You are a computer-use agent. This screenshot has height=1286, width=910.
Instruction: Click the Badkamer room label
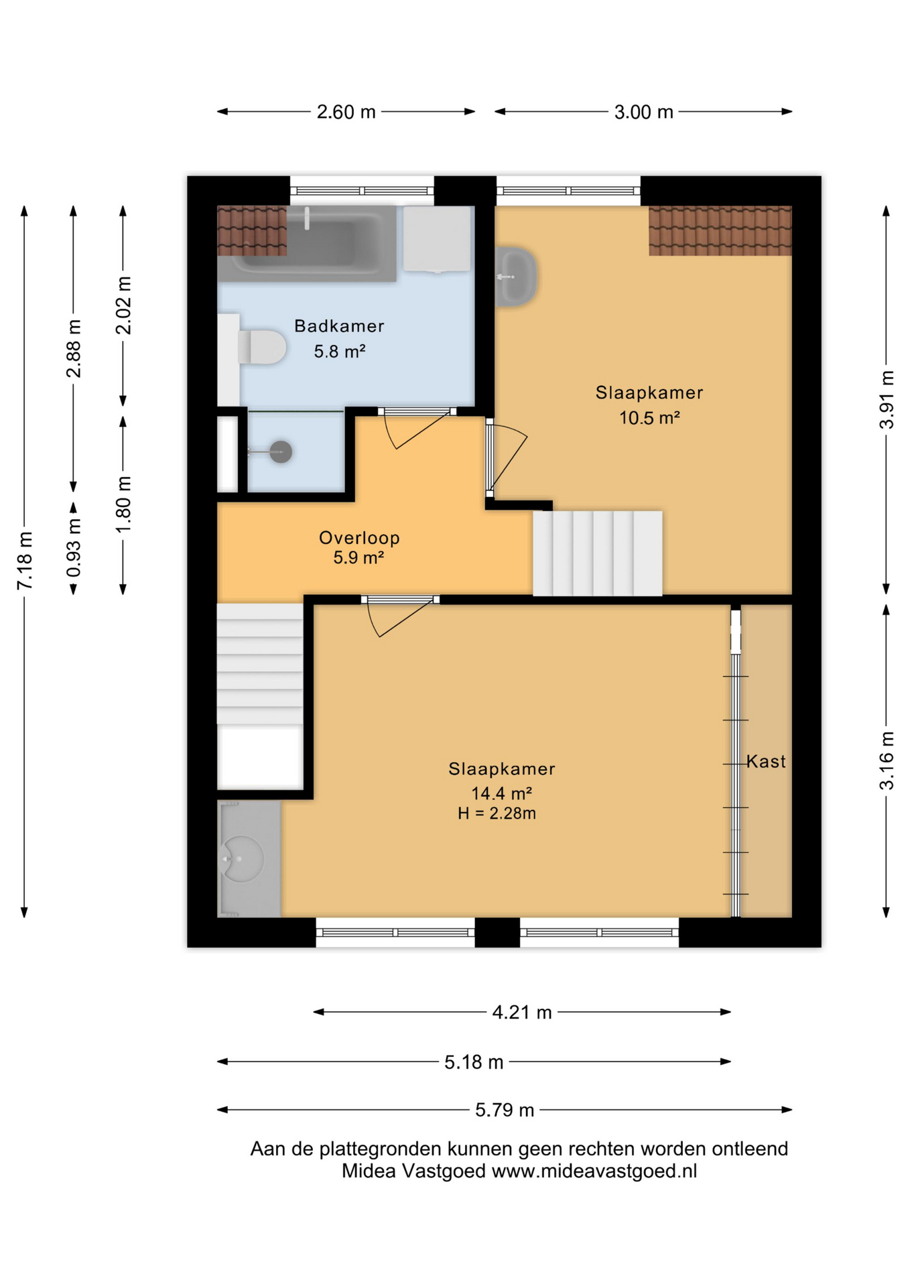pos(339,326)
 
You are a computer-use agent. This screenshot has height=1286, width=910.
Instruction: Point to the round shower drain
pos(281,452)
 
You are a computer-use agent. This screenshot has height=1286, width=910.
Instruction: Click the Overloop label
pos(359,537)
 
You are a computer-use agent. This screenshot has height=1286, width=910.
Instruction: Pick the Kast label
pos(766,762)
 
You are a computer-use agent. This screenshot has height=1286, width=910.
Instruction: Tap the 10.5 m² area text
pos(649,418)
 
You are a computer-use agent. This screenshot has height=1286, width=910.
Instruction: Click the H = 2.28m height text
pos(497,813)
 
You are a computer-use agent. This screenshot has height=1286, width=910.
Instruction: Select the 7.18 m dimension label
pos(25,561)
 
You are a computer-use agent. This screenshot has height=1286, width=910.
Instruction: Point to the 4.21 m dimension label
pos(522,1012)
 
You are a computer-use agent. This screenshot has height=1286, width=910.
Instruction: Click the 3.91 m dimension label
pos(887,400)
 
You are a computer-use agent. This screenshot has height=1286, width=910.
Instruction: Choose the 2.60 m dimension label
pos(346,112)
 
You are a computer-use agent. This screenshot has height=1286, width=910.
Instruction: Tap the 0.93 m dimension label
pos(74,548)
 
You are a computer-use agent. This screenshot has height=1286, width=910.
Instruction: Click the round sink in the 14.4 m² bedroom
pos(242,859)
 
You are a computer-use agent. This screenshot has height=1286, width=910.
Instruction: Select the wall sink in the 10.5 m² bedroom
pos(515,277)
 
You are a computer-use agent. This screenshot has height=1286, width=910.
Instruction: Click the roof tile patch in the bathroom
pos(252,230)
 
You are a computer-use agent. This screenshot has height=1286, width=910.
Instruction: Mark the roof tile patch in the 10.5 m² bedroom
pos(720,230)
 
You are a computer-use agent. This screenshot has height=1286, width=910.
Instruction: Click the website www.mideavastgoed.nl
pos(594,1171)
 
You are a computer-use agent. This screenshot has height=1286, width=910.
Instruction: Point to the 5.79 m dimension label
pos(505,1110)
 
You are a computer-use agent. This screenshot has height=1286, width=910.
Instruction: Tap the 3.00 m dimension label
pos(643,112)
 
